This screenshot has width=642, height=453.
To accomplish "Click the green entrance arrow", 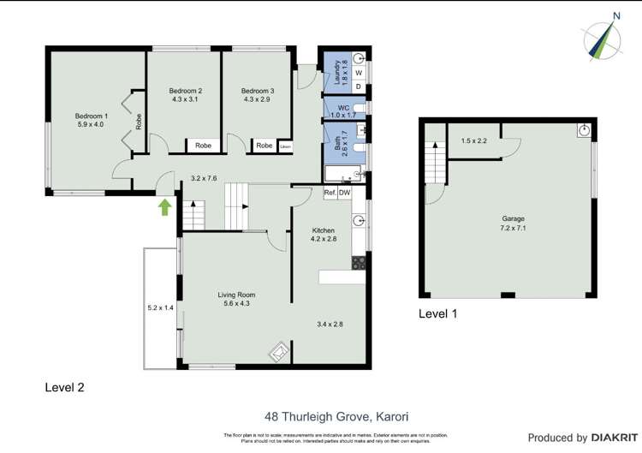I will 164,206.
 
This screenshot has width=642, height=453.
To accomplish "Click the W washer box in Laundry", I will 359,73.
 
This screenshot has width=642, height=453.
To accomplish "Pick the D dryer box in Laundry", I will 359,86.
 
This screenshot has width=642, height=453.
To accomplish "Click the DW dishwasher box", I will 344,193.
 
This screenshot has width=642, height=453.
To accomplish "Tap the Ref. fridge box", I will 330,193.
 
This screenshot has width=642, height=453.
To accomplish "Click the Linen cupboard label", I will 284,146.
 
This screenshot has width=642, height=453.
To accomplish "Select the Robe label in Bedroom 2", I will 203,146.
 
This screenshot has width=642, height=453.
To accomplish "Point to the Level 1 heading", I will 437,313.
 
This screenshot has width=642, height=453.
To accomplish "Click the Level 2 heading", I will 64,387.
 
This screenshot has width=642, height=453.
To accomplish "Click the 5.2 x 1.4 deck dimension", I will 160,307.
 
